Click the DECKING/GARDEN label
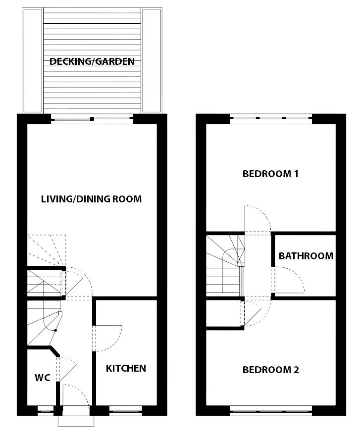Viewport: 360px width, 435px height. (x=92, y=61)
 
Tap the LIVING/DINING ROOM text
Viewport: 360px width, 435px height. (x=91, y=199)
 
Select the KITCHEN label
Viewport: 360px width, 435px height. (x=126, y=368)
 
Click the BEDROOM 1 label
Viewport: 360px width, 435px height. (x=270, y=174)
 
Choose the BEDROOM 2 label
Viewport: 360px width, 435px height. (x=271, y=370)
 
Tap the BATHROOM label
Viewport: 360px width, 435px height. (x=306, y=256)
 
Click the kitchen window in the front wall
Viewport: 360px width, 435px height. (x=126, y=411)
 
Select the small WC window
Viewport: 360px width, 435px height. (x=45, y=411)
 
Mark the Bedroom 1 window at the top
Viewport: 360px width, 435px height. (x=271, y=118)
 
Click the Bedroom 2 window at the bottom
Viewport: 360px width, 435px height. (x=271, y=411)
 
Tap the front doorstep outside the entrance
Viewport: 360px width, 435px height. (x=76, y=421)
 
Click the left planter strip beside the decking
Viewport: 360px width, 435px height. (x=33, y=61)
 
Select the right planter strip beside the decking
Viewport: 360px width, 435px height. (x=151, y=61)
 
